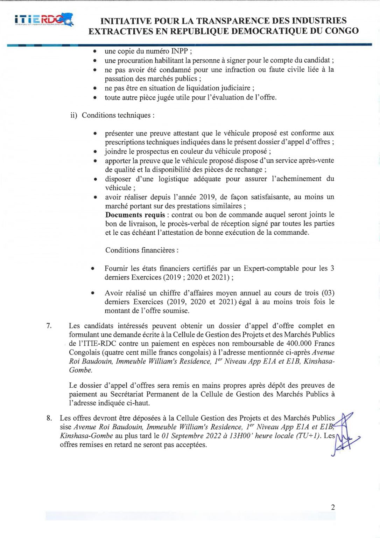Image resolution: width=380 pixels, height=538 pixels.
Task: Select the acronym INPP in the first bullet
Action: [179, 51]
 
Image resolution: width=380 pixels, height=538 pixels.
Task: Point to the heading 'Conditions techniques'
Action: [118, 115]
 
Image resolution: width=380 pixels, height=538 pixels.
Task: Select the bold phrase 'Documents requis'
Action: [135, 215]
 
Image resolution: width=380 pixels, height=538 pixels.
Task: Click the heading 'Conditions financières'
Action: [142, 250]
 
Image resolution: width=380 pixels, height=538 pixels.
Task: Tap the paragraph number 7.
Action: [49, 326]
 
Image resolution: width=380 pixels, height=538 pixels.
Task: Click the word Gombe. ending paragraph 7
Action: [80, 370]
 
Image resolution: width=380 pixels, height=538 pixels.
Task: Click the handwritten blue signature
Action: [345, 434]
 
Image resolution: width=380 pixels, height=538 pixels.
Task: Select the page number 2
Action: [333, 507]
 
